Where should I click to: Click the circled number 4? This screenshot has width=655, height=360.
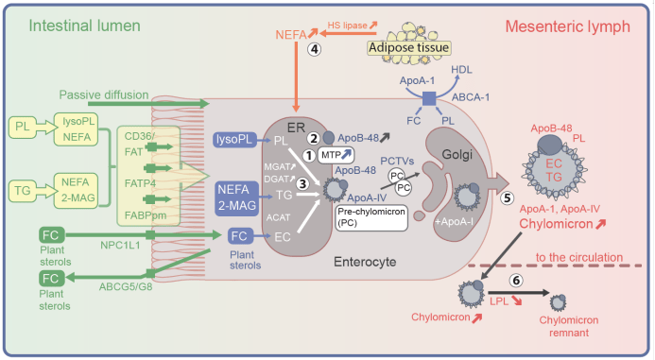(x=314, y=49)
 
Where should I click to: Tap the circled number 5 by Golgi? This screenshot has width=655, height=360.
(x=508, y=197)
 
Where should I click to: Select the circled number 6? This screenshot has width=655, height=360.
(x=516, y=281)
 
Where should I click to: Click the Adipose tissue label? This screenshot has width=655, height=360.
(x=408, y=47)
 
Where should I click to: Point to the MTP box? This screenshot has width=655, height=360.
(x=336, y=155)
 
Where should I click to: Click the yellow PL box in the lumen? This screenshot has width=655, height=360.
(x=23, y=126)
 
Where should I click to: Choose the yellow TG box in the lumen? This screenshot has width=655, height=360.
(x=23, y=191)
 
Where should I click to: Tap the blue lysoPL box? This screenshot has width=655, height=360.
(x=234, y=139)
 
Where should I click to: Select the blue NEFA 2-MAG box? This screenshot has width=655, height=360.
(x=237, y=198)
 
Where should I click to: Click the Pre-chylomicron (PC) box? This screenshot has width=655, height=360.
(x=371, y=217)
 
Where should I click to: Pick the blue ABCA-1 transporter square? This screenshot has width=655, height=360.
(x=429, y=99)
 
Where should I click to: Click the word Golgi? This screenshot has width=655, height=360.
(x=457, y=155)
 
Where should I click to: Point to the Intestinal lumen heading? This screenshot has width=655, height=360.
(x=84, y=26)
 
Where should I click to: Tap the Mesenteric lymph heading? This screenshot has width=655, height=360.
(x=568, y=26)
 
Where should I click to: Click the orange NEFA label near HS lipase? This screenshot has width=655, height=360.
(x=291, y=35)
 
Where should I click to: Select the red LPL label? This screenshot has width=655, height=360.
(x=499, y=301)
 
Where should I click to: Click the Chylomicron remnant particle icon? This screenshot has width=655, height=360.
(x=558, y=302)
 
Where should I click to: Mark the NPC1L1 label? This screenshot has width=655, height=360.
(x=120, y=245)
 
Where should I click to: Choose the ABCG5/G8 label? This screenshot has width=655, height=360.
(x=126, y=287)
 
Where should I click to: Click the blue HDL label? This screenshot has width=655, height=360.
(x=461, y=69)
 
